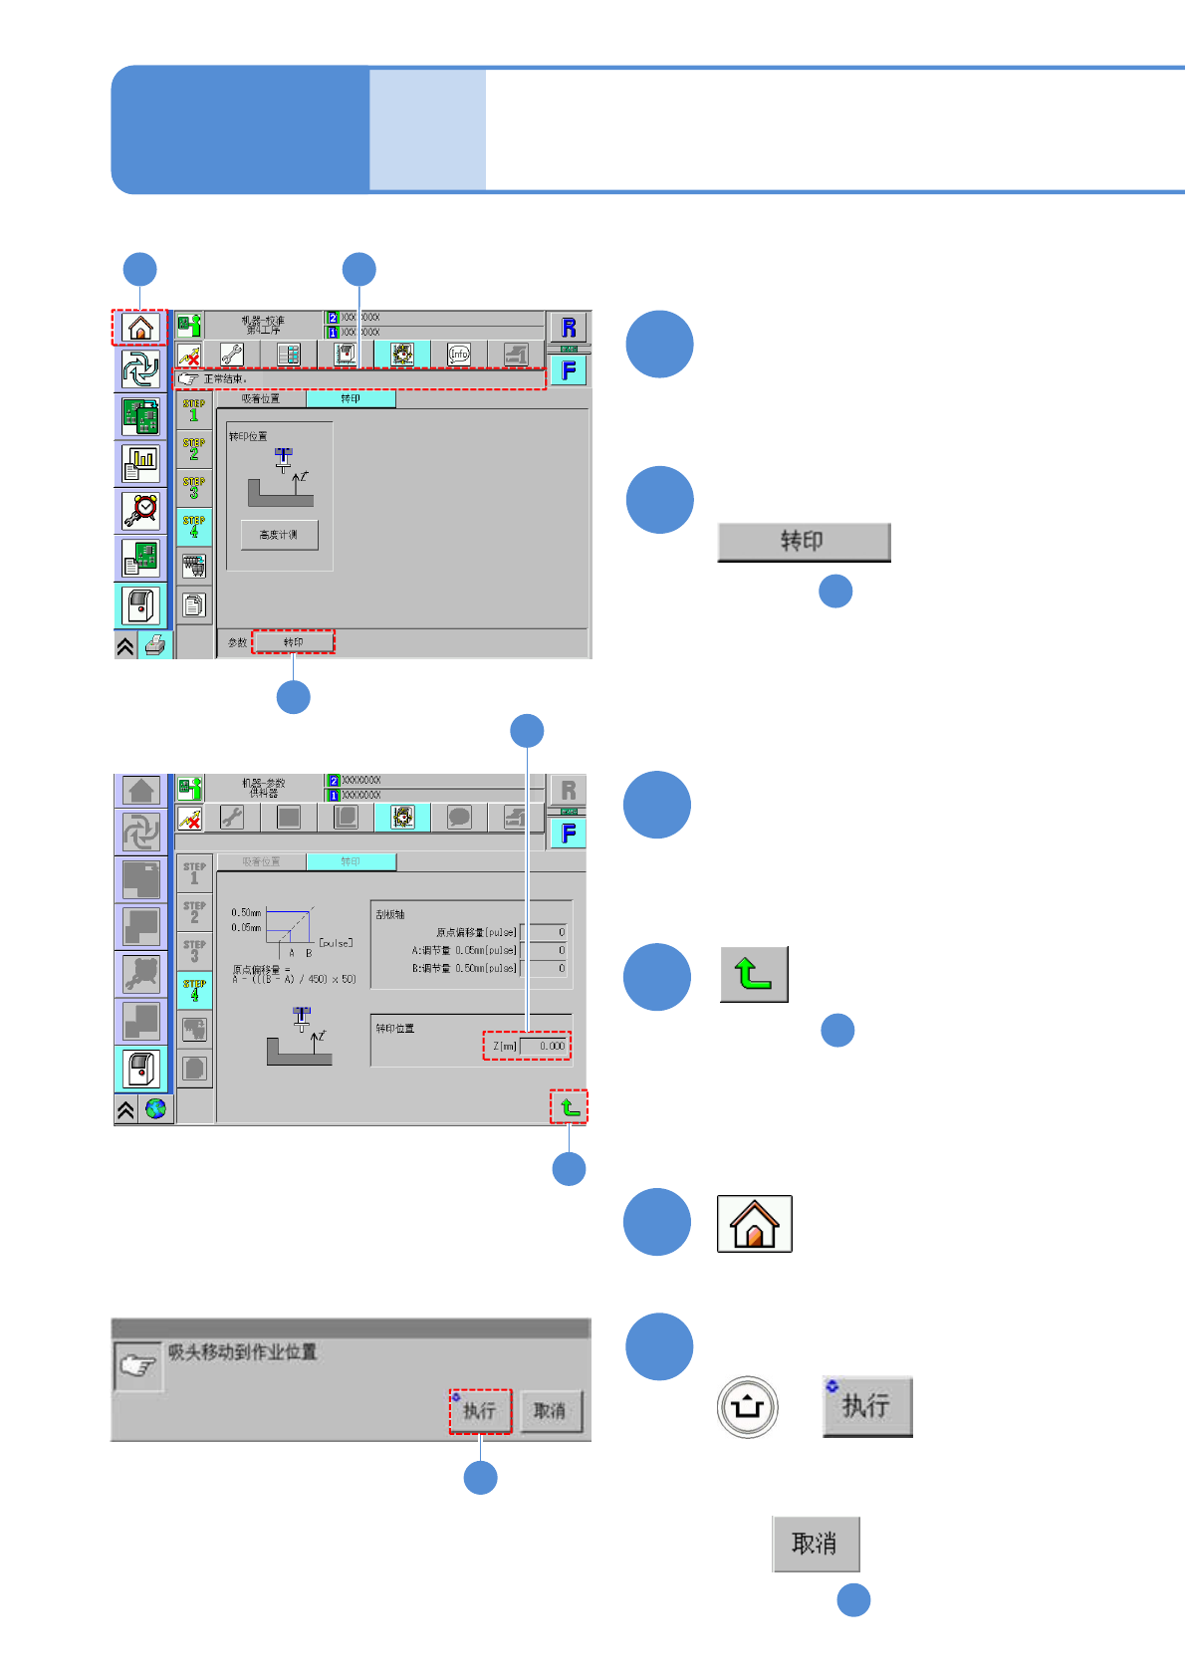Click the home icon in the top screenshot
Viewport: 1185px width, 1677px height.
pyautogui.click(x=140, y=327)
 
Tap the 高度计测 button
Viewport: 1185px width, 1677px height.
pyautogui.click(x=279, y=535)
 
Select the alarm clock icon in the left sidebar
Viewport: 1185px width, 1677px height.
pyautogui.click(x=140, y=510)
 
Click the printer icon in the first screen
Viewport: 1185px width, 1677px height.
pyautogui.click(x=154, y=645)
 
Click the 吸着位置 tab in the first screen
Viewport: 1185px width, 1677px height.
pyautogui.click(x=261, y=398)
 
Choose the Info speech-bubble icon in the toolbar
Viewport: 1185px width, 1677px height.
pyautogui.click(x=459, y=354)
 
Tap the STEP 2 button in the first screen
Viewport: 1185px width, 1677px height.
pyautogui.click(x=194, y=449)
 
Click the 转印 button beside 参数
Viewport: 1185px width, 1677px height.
pyautogui.click(x=293, y=642)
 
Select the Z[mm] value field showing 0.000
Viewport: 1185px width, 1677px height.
pyautogui.click(x=544, y=1046)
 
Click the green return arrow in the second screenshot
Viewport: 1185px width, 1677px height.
pyautogui.click(x=570, y=1106)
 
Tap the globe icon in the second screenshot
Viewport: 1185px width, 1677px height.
pyautogui.click(x=155, y=1108)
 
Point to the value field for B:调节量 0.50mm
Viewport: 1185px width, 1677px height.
pyautogui.click(x=547, y=968)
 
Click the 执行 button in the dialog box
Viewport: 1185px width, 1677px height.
pyautogui.click(x=480, y=1411)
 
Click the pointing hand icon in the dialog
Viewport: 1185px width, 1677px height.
pyautogui.click(x=137, y=1365)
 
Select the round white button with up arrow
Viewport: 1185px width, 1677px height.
pyautogui.click(x=748, y=1407)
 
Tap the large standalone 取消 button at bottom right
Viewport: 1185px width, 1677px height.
pyautogui.click(x=816, y=1544)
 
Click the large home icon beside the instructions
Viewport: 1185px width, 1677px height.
pyautogui.click(x=755, y=1223)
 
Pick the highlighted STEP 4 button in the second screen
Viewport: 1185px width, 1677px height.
pyautogui.click(x=194, y=990)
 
